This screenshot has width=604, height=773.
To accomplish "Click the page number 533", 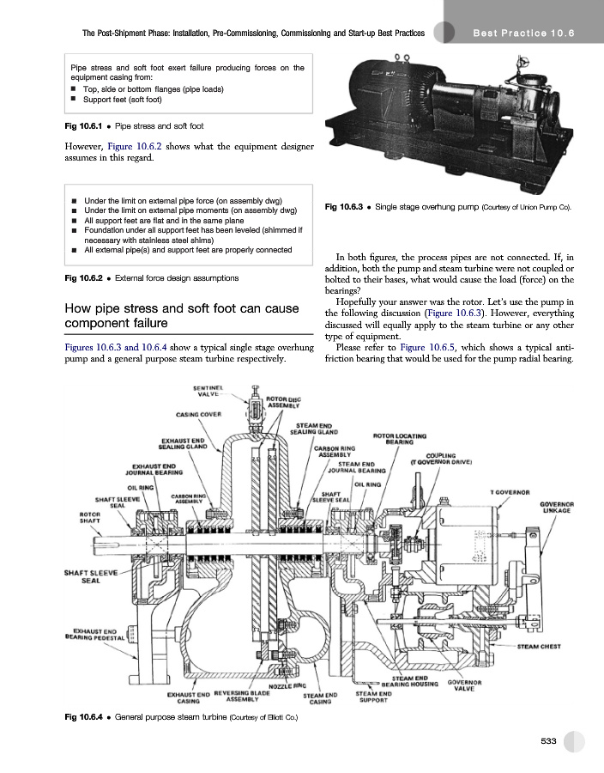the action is click(x=548, y=741).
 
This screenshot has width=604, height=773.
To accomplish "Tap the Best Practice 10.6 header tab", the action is click(x=523, y=33).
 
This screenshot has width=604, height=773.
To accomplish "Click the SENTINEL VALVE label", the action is click(x=208, y=391).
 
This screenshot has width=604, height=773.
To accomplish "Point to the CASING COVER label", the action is click(x=198, y=415).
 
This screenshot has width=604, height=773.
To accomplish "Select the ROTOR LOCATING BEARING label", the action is click(x=400, y=439).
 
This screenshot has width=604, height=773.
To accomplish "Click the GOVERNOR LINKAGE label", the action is click(x=557, y=508).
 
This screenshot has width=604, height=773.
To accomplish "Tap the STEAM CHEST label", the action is click(x=539, y=646).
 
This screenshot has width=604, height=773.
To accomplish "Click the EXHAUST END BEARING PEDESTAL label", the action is click(x=95, y=635).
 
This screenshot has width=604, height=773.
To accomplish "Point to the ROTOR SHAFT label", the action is click(x=89, y=517).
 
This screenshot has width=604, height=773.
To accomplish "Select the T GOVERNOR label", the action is click(x=510, y=492).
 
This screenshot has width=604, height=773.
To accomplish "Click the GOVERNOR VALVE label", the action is click(x=464, y=685).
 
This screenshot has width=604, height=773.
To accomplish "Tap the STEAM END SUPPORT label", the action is click(x=373, y=697).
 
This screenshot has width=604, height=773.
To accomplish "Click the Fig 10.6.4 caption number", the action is click(x=83, y=717).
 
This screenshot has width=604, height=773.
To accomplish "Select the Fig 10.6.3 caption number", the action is click(x=343, y=206).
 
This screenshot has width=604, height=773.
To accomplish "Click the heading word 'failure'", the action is click(x=148, y=323).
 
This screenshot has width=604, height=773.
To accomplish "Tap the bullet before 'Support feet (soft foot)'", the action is click(x=73, y=99).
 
